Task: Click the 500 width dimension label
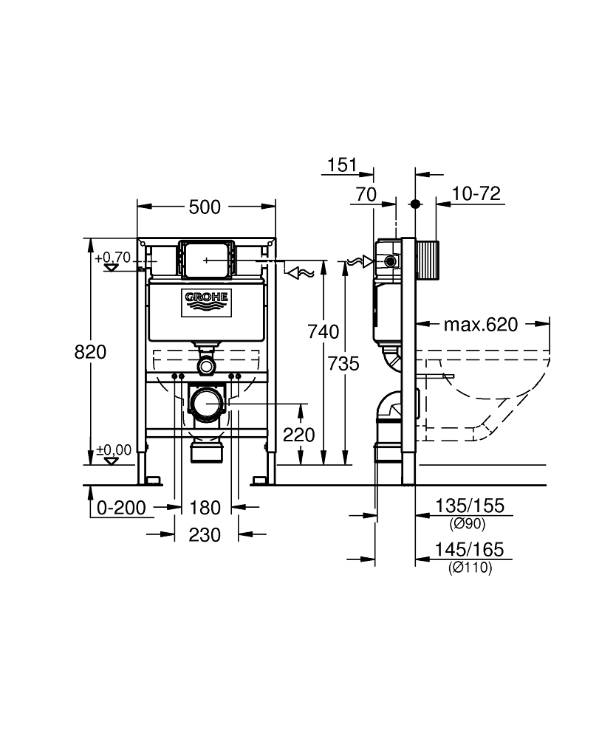click(x=205, y=207)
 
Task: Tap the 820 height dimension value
click(x=90, y=352)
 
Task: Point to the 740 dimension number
click(x=323, y=331)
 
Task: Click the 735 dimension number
click(x=344, y=363)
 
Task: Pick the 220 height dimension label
click(x=299, y=435)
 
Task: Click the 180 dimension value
click(x=205, y=508)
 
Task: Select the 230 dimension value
click(x=205, y=535)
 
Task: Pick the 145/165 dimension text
click(x=470, y=550)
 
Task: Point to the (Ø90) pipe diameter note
click(x=470, y=523)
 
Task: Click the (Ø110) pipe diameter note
click(x=470, y=568)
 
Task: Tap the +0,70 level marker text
click(x=113, y=258)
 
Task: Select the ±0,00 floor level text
click(x=113, y=449)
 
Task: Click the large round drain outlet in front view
click(x=207, y=404)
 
